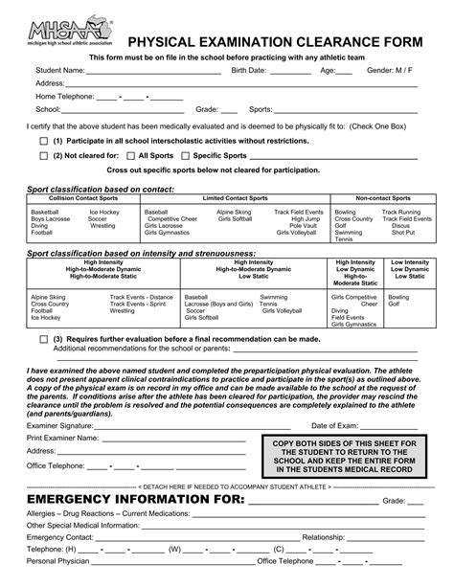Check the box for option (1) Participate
[44, 141]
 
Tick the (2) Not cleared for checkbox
[44, 154]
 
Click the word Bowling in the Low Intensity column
[398, 298]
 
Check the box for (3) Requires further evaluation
[44, 339]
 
